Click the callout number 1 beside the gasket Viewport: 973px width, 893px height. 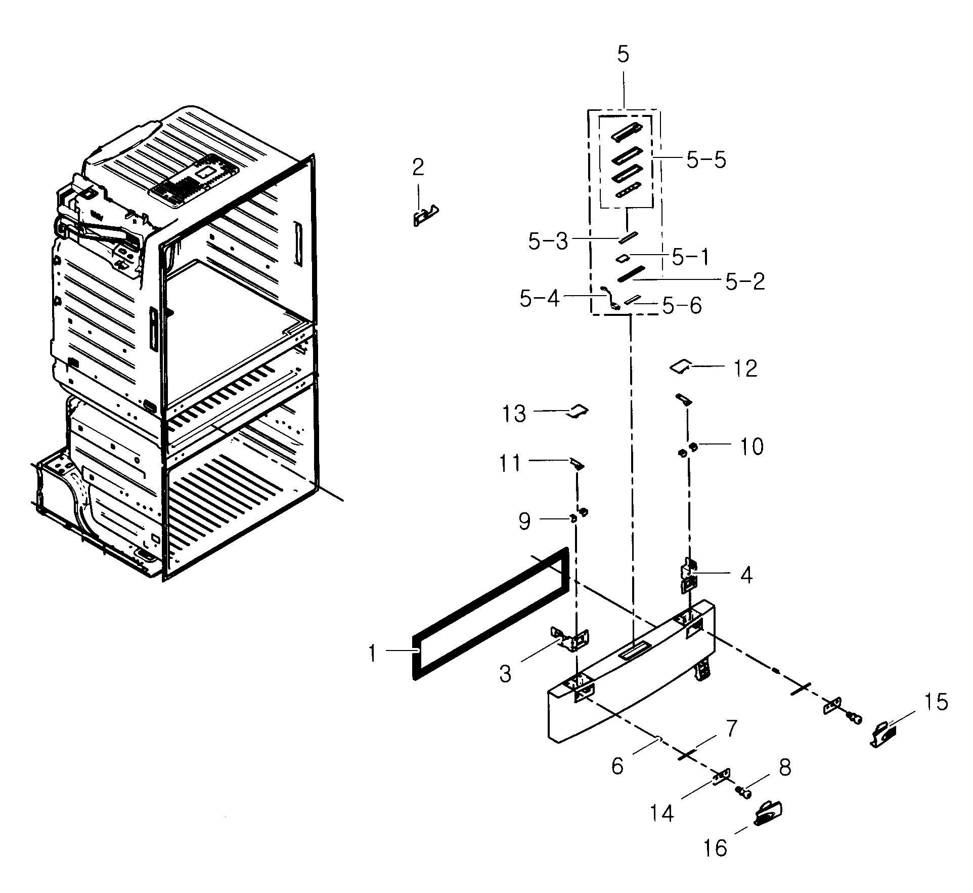pos(373,654)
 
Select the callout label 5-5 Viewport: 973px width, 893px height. pos(706,160)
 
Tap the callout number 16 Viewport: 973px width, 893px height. pos(715,847)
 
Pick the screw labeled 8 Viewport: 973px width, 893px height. pos(743,791)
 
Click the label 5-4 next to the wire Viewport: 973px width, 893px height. pos(539,299)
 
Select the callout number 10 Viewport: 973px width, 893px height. pos(751,446)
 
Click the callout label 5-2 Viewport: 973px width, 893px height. pos(745,282)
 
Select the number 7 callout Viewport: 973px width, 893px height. pos(731,729)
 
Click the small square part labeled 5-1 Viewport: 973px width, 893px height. pos(622,258)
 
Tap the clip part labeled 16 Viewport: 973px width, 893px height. pos(768,815)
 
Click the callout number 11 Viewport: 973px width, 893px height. pos(510,463)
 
